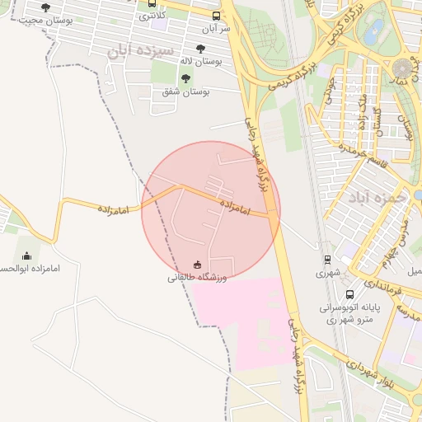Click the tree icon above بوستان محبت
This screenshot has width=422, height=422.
[x=45, y=7]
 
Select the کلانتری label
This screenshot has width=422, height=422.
[x=152, y=15]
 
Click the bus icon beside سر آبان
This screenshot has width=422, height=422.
[x=216, y=16]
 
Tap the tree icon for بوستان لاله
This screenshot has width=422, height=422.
[x=202, y=49]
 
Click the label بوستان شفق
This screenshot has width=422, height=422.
[x=185, y=91]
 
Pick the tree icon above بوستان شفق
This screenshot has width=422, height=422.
[x=185, y=78]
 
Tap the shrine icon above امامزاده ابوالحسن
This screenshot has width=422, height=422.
[x=26, y=256]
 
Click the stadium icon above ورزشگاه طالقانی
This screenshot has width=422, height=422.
[x=197, y=265]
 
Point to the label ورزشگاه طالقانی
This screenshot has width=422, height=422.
[x=197, y=278]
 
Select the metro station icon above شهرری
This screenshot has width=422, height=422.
[x=328, y=258]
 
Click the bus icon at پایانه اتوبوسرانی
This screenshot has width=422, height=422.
[x=349, y=294]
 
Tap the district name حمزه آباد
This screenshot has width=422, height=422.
[x=377, y=198]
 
